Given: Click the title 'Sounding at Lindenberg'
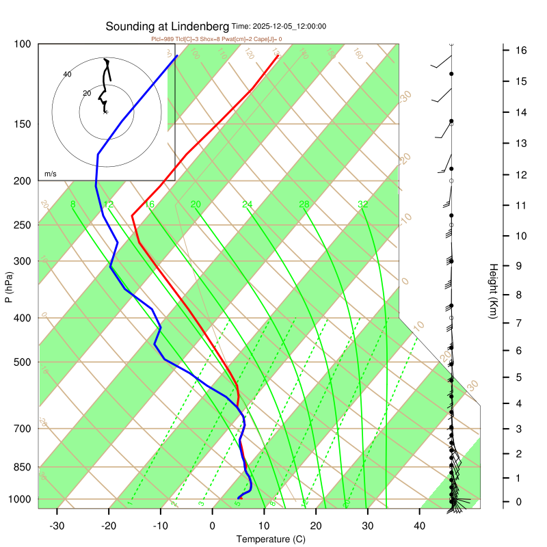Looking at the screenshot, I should (168, 27).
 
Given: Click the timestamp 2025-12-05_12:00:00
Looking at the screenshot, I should (279, 27).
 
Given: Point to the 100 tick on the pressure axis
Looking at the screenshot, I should (23, 44).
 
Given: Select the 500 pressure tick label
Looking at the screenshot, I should (23, 362).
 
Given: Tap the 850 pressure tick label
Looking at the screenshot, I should (23, 467).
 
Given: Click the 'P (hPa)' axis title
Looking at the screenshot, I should (9, 289).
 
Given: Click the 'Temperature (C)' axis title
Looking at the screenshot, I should (271, 539).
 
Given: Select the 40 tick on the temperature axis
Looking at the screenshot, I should (420, 526).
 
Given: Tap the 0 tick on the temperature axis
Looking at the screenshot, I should (212, 526).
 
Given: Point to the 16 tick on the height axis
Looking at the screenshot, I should (520, 50).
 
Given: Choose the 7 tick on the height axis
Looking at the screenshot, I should (520, 322).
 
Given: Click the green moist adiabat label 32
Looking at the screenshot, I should (363, 204).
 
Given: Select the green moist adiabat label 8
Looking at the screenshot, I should (72, 204).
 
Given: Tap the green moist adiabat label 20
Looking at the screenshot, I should (196, 204).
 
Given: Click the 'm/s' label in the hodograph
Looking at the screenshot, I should (50, 174).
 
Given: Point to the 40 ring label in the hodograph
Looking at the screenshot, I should (67, 74).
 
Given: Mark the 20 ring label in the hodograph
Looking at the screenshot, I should (86, 93).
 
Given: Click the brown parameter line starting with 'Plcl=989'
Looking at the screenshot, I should (216, 39).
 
